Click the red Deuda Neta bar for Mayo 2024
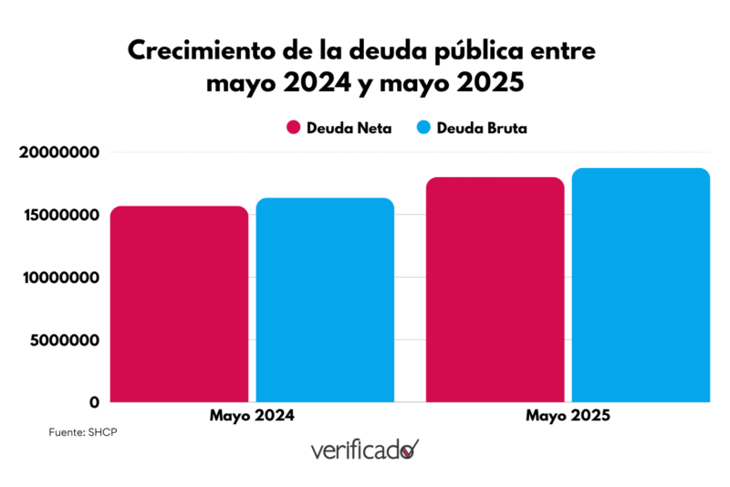point(179,304)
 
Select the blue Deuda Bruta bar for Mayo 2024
point(325,301)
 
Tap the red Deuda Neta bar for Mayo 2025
point(495,290)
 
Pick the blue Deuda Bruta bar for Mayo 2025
point(641,285)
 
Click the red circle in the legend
point(294,128)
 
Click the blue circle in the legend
point(422,128)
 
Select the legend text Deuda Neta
point(351,128)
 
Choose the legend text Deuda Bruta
point(482,128)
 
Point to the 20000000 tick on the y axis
point(58,153)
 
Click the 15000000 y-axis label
point(58,216)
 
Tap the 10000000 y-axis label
point(58,278)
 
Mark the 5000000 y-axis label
point(62,340)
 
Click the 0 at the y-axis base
point(94,402)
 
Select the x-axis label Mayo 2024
point(252,416)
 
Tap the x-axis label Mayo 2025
point(568,416)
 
